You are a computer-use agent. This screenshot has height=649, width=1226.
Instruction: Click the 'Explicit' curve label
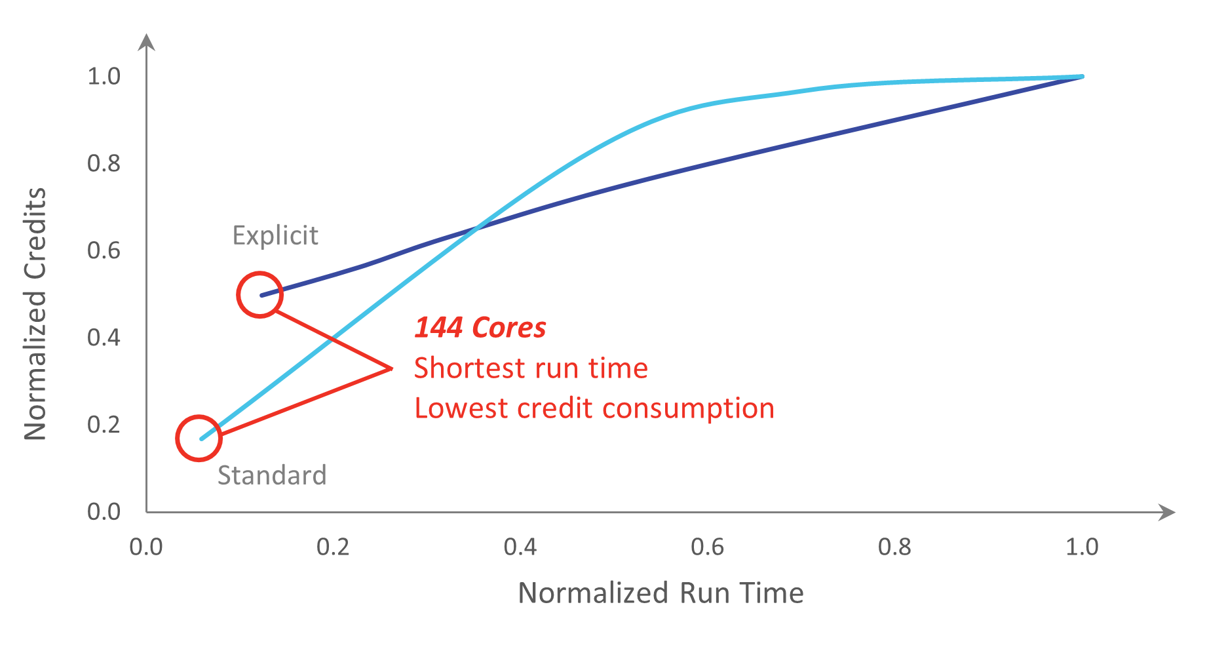tap(275, 235)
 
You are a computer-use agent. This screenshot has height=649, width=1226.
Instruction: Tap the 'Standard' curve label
tap(272, 475)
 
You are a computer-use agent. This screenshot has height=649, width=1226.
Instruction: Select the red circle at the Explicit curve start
tap(260, 295)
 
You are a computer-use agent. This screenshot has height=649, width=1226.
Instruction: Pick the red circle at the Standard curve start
tap(199, 439)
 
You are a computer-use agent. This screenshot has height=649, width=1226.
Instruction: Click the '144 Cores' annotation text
tap(480, 328)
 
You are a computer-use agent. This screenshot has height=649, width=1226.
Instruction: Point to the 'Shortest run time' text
tap(531, 368)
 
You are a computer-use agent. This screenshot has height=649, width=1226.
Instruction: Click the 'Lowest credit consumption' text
tap(594, 408)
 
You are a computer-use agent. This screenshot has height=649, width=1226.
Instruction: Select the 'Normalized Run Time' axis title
tap(661, 593)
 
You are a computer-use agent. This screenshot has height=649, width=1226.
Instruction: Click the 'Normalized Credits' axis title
tap(35, 314)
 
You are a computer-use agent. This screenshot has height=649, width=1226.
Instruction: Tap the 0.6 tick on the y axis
tap(104, 250)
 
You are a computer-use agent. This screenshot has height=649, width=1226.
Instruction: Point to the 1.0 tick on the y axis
tap(104, 77)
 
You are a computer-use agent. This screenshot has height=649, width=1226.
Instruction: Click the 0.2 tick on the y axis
tap(104, 425)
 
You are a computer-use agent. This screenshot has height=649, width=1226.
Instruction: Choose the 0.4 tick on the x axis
tap(520, 547)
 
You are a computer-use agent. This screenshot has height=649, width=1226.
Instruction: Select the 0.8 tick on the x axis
tap(894, 547)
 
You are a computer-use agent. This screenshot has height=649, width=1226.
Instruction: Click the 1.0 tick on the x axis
tap(1082, 547)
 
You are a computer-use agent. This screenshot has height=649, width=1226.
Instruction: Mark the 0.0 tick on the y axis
tap(104, 512)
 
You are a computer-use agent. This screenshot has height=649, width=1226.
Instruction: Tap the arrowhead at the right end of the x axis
tap(1167, 512)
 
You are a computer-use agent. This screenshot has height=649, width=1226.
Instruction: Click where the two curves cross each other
tap(477, 228)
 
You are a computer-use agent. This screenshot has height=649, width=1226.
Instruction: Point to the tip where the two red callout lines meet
tap(391, 368)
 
